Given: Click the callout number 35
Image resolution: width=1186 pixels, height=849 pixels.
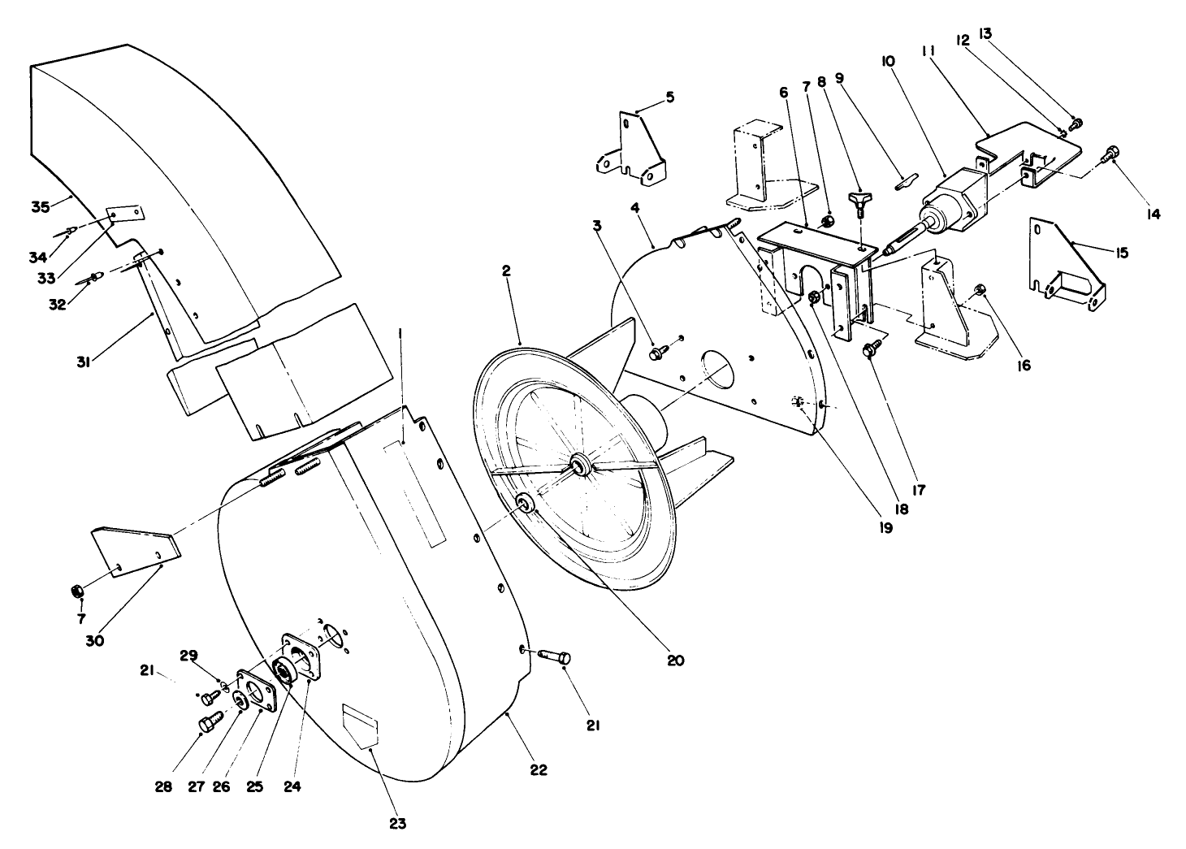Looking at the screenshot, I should (41, 206).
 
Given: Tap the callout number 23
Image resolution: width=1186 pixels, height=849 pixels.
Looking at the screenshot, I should (397, 824).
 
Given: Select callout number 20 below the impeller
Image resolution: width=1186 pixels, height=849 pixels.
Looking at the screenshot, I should (674, 661).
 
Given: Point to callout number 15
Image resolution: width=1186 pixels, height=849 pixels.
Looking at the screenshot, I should (1122, 253).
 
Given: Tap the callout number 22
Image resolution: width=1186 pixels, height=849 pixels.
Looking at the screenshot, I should (538, 770).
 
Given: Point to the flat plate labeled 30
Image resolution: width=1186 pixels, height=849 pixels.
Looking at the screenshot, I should (134, 552).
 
